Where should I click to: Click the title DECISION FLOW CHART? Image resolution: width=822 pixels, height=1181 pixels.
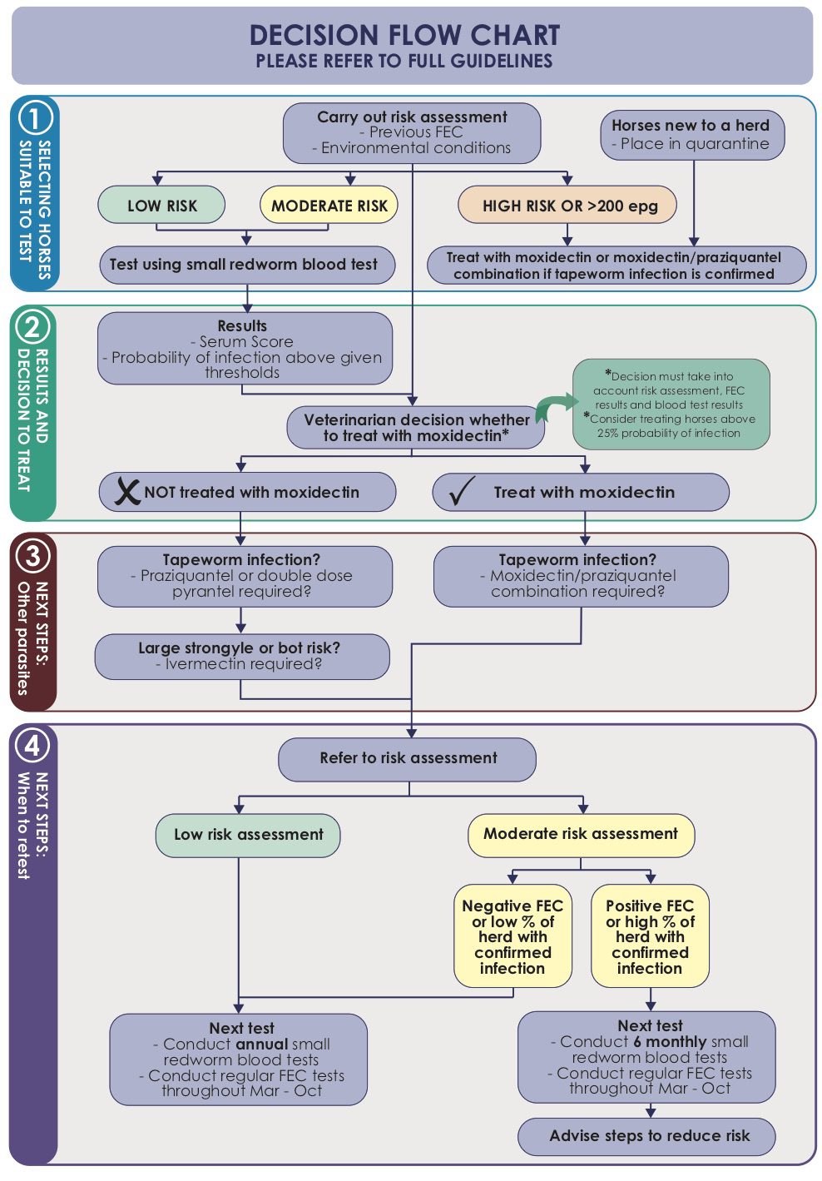404,35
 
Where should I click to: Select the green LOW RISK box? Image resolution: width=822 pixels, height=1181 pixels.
161,206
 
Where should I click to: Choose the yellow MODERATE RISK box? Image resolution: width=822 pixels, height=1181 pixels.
329,206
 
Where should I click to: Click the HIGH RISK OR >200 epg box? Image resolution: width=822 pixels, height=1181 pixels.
567,206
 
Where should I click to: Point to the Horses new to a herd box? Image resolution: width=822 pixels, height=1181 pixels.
691,134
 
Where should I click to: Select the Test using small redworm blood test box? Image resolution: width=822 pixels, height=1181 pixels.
246,265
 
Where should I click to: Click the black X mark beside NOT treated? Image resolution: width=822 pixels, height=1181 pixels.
127,491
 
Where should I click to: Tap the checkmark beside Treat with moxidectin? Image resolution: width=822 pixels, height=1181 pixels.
461,492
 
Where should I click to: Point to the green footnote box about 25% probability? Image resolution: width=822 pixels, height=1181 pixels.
671,404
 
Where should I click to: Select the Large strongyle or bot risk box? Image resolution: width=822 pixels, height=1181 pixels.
241,656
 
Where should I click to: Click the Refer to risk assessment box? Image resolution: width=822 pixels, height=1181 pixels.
408,758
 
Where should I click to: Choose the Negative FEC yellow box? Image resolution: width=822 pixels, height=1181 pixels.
513,936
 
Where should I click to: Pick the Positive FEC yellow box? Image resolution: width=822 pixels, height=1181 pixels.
650,936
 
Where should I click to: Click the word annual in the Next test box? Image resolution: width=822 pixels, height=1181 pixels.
261,1044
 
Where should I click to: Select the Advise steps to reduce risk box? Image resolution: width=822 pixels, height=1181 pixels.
648,1135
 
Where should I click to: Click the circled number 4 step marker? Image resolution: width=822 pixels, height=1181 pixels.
32,745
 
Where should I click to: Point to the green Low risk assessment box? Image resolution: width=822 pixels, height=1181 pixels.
248,835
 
